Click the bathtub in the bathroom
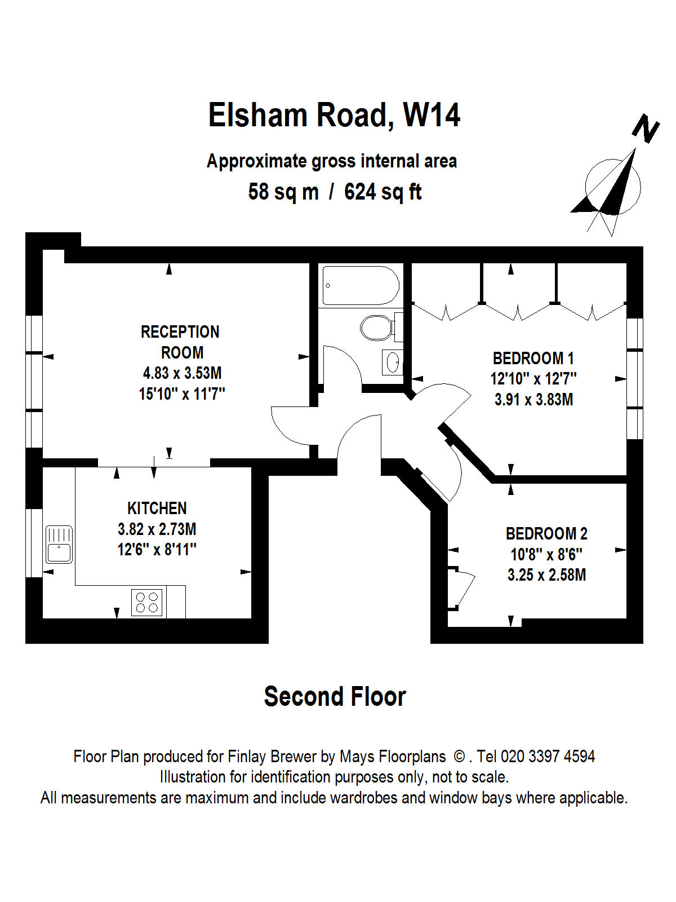(361, 286)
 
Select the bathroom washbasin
(392, 362)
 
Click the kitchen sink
(59, 544)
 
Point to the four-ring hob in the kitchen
(146, 602)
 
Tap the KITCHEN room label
(157, 509)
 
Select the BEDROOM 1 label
(533, 359)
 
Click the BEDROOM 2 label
(546, 534)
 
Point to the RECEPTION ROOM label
(180, 342)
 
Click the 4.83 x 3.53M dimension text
(182, 373)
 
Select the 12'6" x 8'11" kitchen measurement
(157, 550)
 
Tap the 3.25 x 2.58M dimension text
(546, 574)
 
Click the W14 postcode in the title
(432, 116)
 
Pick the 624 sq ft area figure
(383, 192)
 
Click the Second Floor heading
(335, 696)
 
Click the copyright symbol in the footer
(459, 757)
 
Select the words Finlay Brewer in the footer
(272, 757)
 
